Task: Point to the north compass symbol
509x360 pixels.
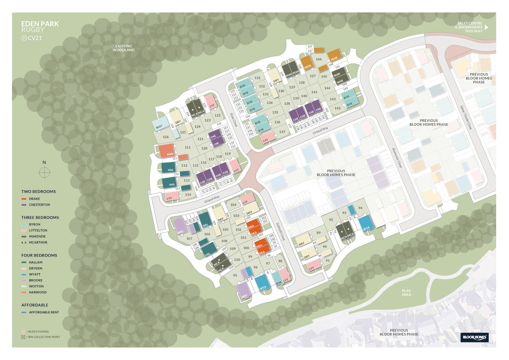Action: point(44,172)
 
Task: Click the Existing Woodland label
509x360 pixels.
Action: point(124,48)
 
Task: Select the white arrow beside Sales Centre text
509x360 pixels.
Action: point(486,27)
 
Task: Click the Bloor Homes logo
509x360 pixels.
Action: point(474,338)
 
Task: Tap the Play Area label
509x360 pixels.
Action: point(406,292)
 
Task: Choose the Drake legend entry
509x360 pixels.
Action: point(35,199)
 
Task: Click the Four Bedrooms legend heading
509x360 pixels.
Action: point(39,255)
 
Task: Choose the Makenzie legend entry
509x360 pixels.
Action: point(38,236)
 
